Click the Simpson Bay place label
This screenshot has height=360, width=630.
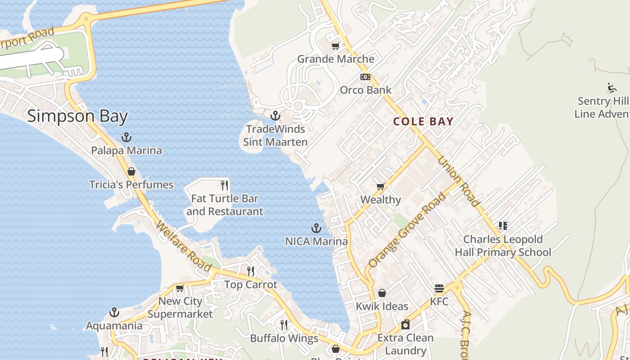77,116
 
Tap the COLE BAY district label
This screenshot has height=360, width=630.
423,121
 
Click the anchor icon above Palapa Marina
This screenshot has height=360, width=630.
127,137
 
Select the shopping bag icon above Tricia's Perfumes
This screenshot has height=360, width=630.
131,171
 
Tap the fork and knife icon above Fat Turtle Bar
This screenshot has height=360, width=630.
225,185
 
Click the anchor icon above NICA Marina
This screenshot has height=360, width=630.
316,228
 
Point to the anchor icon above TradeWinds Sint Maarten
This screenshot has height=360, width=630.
275,116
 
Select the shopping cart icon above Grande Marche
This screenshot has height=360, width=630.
335,46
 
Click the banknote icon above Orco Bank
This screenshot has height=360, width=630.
365,77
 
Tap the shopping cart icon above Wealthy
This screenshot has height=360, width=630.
380,186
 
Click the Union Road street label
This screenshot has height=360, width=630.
459,181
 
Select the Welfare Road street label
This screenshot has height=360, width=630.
184,246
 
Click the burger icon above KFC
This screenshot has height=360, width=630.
439,288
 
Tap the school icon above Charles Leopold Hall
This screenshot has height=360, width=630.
503,226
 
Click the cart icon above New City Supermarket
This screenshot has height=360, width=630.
180,288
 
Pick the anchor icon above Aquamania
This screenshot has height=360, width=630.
114,312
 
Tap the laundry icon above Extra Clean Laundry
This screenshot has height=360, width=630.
405,324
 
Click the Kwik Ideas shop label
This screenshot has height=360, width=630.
382,306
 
